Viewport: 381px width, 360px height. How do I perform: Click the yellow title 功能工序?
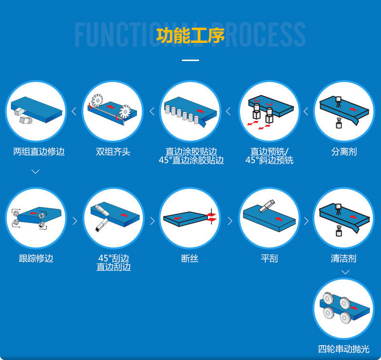[x=190, y=35]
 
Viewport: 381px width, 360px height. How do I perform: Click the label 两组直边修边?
[x=39, y=152]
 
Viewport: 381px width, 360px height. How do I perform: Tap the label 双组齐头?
[x=113, y=152]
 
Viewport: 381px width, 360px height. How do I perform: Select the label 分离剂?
[x=344, y=152]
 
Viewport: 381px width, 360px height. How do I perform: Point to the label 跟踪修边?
[x=36, y=258]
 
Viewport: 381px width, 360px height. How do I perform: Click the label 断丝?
[x=190, y=258]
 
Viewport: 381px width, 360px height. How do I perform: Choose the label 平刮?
[x=269, y=258]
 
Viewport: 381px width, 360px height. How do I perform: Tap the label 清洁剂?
[x=343, y=258]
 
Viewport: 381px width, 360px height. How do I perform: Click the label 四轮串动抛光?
[x=343, y=349]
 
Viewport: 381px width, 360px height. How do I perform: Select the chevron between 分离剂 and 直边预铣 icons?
[x=306, y=112]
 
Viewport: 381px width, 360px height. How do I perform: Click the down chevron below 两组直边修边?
[x=35, y=172]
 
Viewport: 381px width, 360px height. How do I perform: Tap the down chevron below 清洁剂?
[x=345, y=272]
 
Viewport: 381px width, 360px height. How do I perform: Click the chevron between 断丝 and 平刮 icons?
[x=230, y=221]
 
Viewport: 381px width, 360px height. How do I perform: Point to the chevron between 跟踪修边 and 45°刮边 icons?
[x=75, y=221]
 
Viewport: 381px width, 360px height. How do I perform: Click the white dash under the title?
[x=190, y=60]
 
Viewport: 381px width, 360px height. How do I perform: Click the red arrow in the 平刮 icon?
[x=279, y=219]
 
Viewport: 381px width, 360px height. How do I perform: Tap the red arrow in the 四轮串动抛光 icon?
[x=354, y=308]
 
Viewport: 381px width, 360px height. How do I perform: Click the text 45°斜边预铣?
[x=269, y=160]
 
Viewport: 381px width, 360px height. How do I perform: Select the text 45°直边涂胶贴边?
[x=191, y=160]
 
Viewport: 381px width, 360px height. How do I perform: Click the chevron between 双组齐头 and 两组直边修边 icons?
[x=74, y=112]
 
